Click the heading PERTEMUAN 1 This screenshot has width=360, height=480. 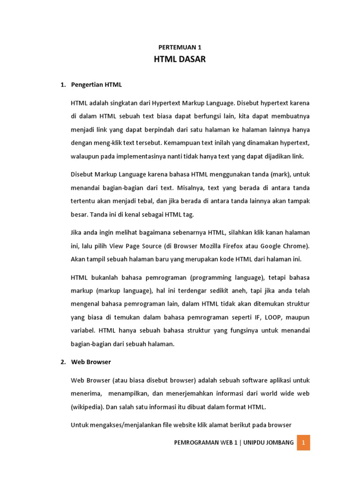pyautogui.click(x=180, y=47)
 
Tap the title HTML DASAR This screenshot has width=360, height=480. pyautogui.click(x=180, y=60)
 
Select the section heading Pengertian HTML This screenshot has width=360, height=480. pyautogui.click(x=97, y=85)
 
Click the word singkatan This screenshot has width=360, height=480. pyautogui.click(x=125, y=103)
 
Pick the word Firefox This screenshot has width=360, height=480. pyautogui.click(x=255, y=246)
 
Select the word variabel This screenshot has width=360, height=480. pyautogui.click(x=82, y=331)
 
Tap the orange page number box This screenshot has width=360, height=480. pyautogui.click(x=303, y=442)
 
